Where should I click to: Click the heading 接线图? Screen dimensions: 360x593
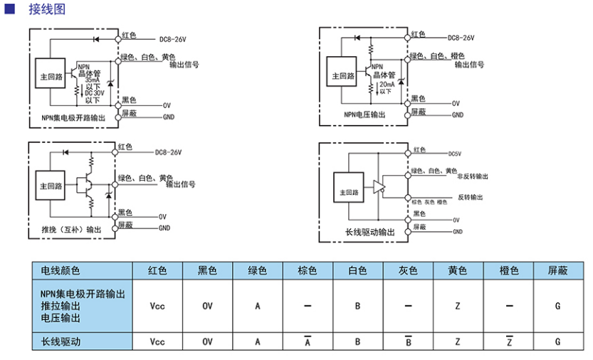(39, 10)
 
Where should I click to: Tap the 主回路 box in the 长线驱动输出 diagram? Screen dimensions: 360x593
(349, 191)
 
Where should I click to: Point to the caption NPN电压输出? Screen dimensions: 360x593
(364, 114)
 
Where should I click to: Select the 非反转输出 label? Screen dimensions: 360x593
(472, 175)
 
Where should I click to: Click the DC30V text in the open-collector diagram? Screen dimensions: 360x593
(95, 93)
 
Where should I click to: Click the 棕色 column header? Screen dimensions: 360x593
(308, 271)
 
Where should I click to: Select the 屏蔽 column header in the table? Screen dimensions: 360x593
(557, 271)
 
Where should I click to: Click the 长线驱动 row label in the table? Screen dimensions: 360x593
(61, 342)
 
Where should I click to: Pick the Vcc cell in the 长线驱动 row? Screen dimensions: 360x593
(157, 342)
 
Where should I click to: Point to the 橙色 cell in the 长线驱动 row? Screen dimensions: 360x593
(508, 342)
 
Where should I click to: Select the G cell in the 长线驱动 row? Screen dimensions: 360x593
(557, 342)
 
